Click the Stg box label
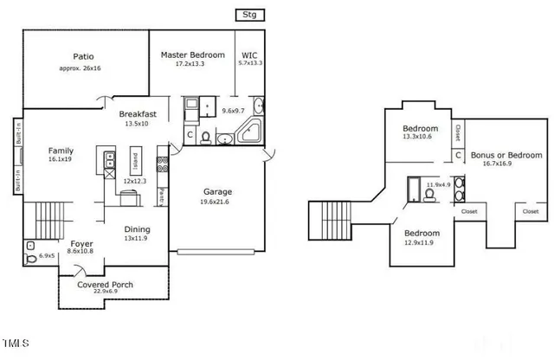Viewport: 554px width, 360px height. pos(249,15)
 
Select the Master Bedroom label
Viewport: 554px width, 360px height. pos(192,55)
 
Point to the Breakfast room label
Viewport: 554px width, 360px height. pos(138,113)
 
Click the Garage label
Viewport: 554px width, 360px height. pos(216,191)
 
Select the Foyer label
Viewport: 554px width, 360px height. pos(81,244)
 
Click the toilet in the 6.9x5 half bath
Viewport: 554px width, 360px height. pos(32,257)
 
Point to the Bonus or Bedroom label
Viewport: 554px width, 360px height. pos(506,155)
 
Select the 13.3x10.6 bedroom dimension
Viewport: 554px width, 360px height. pos(419,137)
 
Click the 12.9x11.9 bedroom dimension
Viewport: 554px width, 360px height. pos(422,242)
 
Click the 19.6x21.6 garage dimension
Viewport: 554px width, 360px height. pos(216,202)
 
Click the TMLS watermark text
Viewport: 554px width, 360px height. pos(15,344)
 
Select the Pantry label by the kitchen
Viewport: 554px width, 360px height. pos(162,197)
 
